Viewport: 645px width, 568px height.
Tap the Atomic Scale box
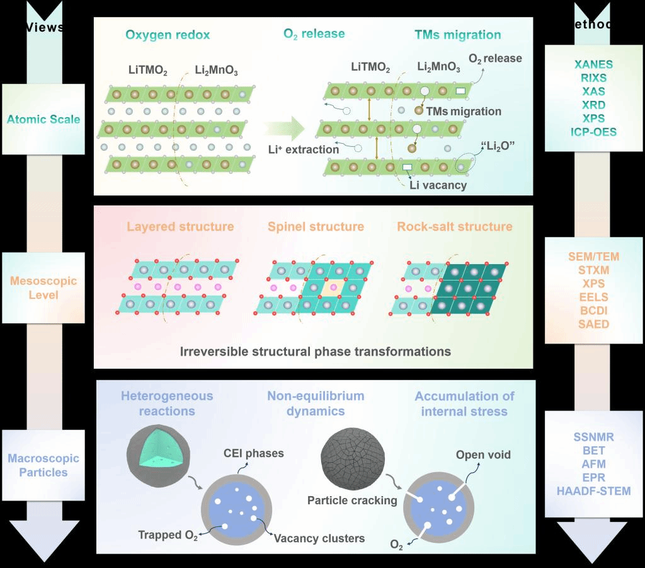(43, 119)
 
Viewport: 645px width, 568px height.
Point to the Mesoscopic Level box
(43, 287)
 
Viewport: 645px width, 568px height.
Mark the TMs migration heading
(458, 35)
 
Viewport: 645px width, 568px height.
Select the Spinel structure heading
(316, 226)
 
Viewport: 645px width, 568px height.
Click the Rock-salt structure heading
(454, 226)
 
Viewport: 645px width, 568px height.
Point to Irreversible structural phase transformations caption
(316, 352)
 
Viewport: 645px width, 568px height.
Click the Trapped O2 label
(168, 536)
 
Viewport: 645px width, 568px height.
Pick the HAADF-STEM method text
(593, 491)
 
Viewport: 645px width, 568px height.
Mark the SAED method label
(594, 324)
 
